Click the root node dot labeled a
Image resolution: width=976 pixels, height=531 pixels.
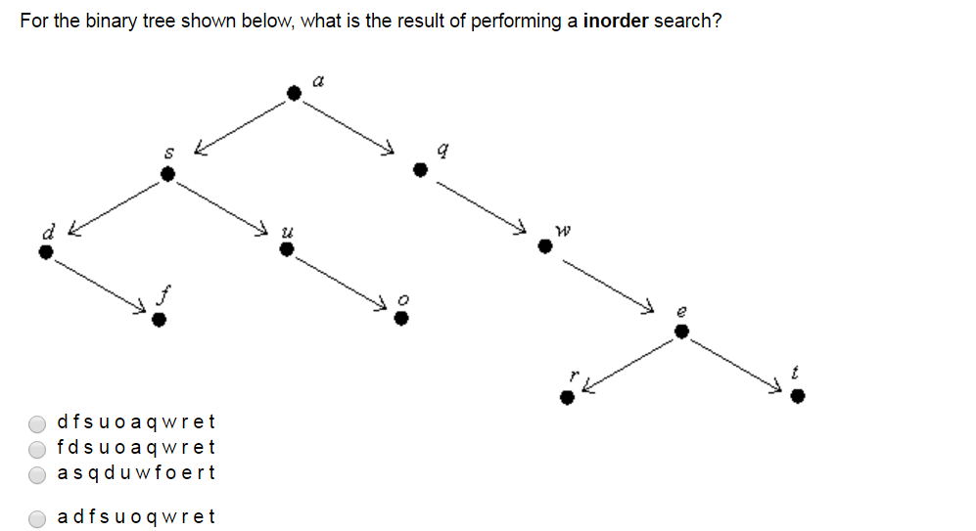tap(294, 93)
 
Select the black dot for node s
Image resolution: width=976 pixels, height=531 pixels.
tap(167, 174)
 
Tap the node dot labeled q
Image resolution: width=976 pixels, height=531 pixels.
tap(420, 169)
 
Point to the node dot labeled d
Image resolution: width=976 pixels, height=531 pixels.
tap(44, 251)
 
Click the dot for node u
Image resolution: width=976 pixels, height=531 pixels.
tap(286, 249)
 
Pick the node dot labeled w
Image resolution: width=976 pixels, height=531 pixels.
tap(545, 247)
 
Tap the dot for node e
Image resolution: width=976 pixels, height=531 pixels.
tap(682, 332)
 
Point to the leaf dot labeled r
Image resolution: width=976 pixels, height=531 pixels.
tap(566, 396)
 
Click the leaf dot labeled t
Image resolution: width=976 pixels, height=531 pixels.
tap(798, 395)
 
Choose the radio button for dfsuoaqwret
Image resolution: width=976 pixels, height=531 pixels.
tap(37, 423)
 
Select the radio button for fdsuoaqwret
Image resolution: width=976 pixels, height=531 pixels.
tap(37, 449)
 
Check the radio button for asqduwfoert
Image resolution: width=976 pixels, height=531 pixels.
tap(37, 474)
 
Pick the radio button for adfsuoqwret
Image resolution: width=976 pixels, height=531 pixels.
tap(37, 518)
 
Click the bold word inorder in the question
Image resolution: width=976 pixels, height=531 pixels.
tap(616, 21)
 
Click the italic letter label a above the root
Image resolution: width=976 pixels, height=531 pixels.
tap(318, 79)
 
